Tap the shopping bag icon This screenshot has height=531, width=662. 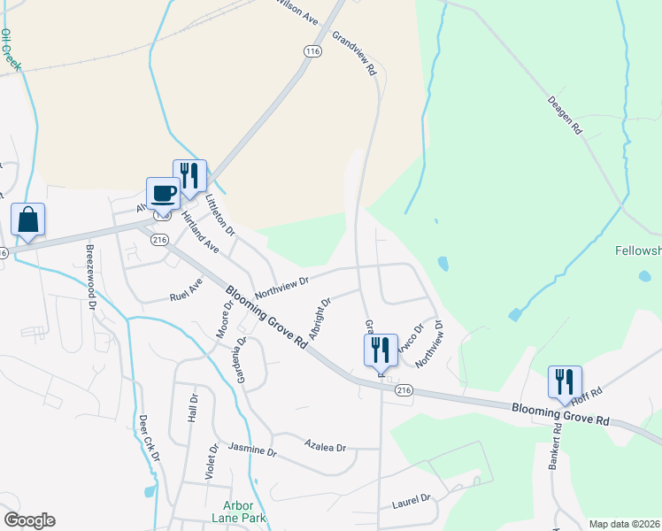point(27,219)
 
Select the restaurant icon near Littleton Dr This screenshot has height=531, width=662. point(189,175)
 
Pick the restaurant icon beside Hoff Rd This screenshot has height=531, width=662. point(564,381)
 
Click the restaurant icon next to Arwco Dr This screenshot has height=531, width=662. point(381,350)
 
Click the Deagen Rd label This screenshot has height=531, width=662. point(564,116)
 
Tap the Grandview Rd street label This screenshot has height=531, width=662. point(355,54)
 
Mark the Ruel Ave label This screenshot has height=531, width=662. point(185,289)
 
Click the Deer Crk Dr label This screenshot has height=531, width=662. point(149,438)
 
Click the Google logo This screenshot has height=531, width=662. point(29,520)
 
